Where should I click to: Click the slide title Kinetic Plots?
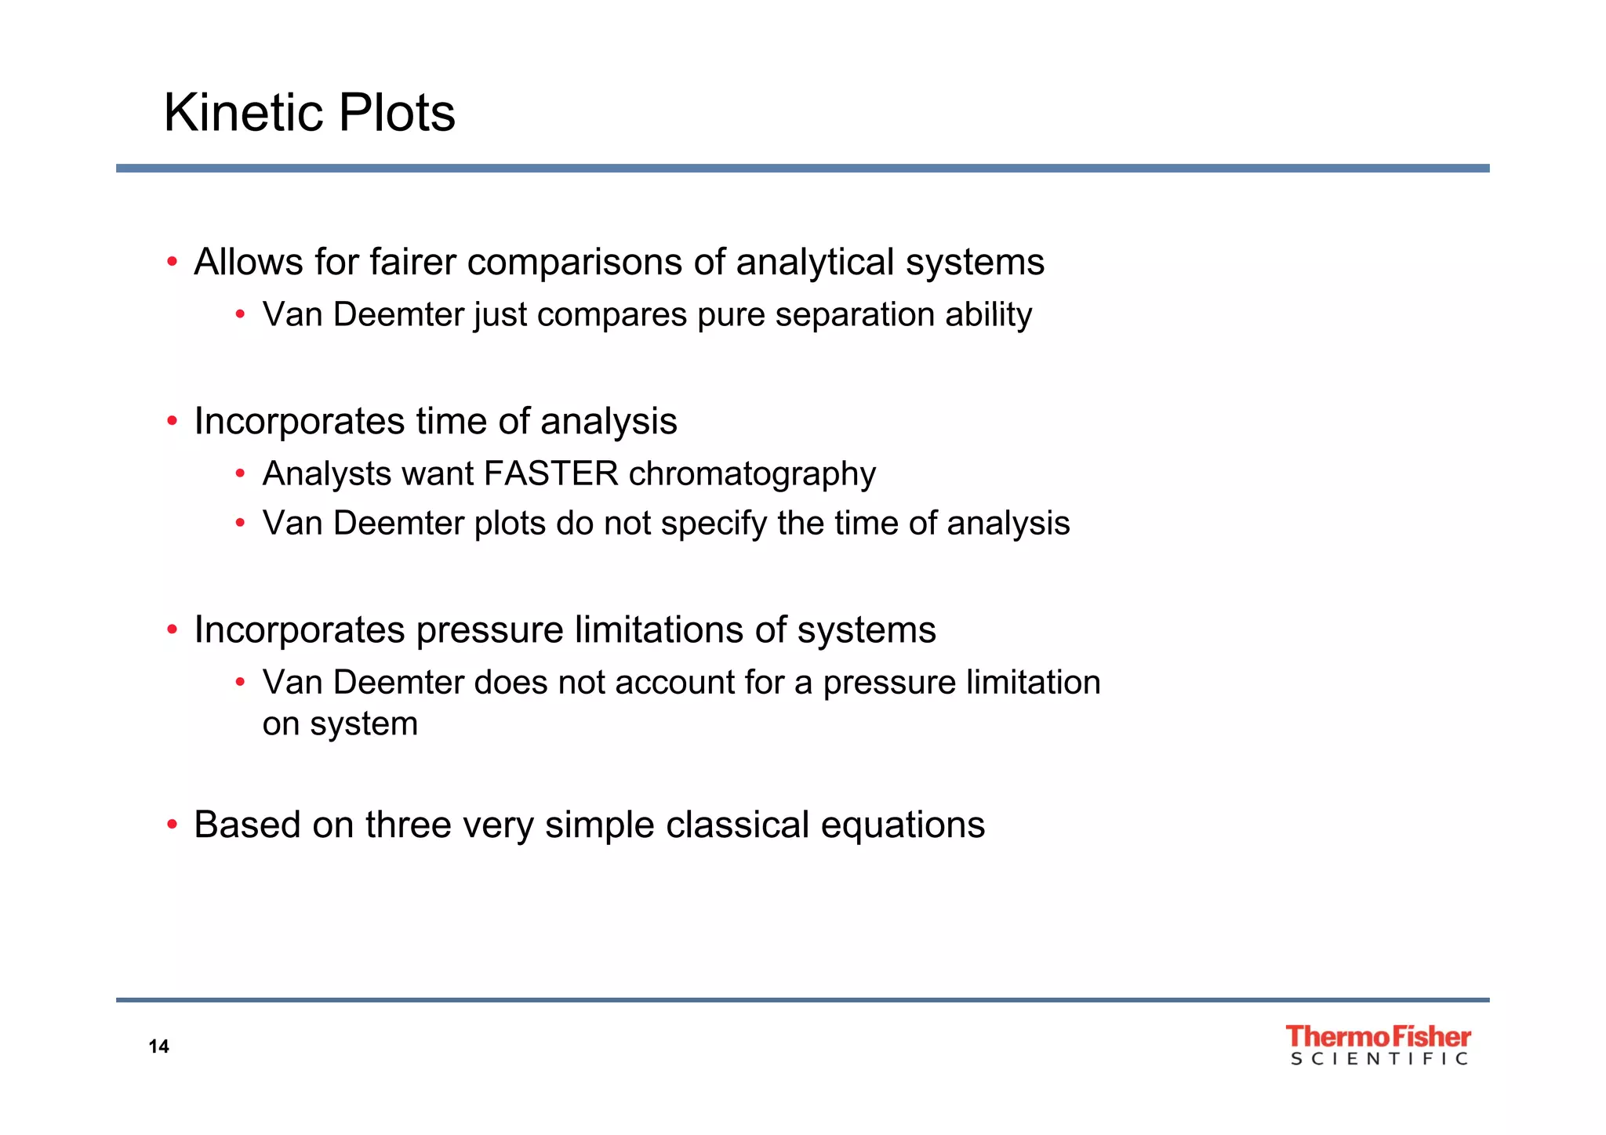pyautogui.click(x=309, y=113)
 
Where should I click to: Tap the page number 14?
pyautogui.click(x=158, y=1046)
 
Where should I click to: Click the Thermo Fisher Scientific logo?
pyautogui.click(x=1378, y=1045)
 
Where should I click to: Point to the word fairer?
pyautogui.click(x=412, y=262)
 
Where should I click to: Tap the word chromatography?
pyautogui.click(x=752, y=474)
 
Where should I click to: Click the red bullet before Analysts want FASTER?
pyautogui.click(x=241, y=473)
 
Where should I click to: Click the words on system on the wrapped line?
pyautogui.click(x=340, y=724)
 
